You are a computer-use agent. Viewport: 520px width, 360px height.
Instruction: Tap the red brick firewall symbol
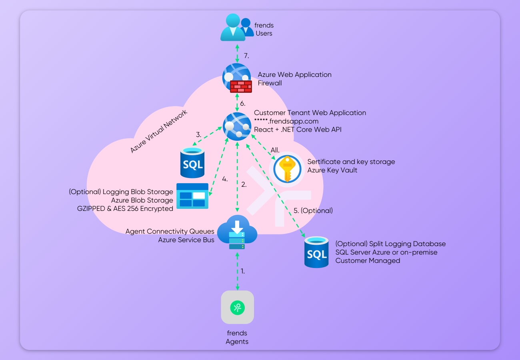click(240, 86)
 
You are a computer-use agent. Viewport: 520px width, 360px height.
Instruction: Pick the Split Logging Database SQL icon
click(316, 252)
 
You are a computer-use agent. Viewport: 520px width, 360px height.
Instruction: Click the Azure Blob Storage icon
click(192, 196)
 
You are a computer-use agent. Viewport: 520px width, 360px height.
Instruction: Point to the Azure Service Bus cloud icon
click(237, 232)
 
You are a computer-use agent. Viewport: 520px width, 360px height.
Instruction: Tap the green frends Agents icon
click(237, 307)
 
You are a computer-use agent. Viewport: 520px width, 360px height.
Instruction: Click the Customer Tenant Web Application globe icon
click(236, 126)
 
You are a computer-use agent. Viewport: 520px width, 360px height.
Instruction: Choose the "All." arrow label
click(276, 150)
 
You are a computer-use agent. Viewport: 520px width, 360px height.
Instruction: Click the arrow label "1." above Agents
click(242, 271)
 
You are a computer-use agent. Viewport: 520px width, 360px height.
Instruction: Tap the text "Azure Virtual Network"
click(159, 131)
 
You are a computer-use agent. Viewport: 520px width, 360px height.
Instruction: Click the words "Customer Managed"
click(368, 260)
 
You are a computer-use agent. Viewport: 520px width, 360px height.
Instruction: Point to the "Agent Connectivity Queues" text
click(170, 231)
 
